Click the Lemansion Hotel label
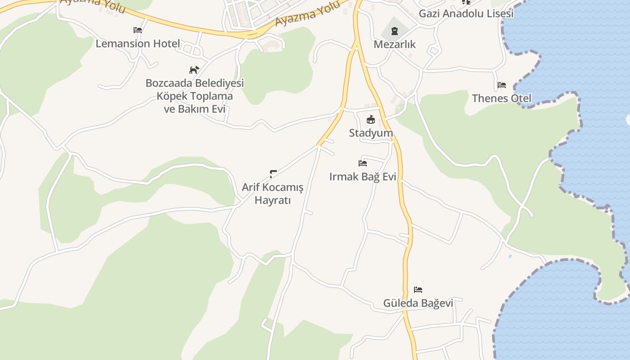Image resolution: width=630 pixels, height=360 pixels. coord(138,44)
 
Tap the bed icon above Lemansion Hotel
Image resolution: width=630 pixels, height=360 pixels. coord(138,30)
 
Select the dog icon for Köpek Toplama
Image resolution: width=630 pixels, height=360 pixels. coord(194,70)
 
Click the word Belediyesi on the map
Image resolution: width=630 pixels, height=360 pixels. coord(219,83)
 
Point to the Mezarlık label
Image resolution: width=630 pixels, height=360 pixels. coord(395,45)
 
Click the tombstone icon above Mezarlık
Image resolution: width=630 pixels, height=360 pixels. coord(395,31)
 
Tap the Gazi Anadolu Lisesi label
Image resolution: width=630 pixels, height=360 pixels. coord(466,13)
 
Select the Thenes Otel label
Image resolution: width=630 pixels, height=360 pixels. coord(501,98)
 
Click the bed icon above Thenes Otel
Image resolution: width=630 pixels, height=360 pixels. coord(502,85)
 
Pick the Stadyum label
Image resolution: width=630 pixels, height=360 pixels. coord(371,133)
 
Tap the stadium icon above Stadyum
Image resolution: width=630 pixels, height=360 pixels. coord(371,119)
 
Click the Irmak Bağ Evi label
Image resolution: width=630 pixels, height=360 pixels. coord(363,177)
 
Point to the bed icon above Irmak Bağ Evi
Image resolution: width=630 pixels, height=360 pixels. coord(363,163)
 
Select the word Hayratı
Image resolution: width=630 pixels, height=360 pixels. coord(273,200)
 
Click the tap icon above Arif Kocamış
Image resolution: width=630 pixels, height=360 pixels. coord(273,173)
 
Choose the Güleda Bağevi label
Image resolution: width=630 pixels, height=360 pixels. coord(418,303)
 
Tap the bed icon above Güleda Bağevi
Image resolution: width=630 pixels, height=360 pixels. coord(418,289)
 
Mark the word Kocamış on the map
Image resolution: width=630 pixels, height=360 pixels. coord(283,187)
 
